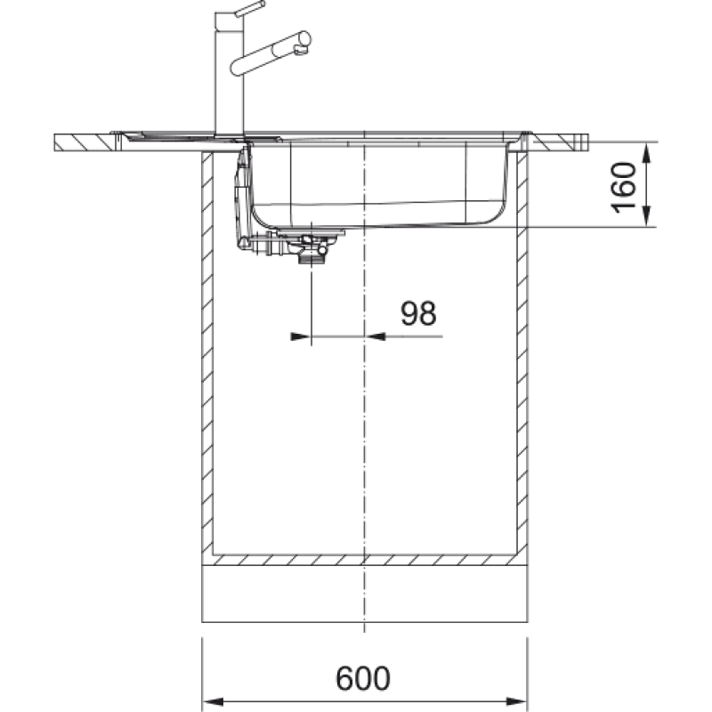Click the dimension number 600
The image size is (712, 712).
click(363, 678)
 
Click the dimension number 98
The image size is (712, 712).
click(418, 313)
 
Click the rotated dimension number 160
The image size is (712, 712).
click(624, 187)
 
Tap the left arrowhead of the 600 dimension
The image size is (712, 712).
click(213, 701)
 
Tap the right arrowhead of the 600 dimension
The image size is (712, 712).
click(516, 701)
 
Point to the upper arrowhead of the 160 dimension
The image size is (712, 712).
click(648, 152)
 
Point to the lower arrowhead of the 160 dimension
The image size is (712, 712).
click(648, 216)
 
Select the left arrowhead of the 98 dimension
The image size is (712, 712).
click(301, 336)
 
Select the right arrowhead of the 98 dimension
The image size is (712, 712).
click(375, 336)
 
